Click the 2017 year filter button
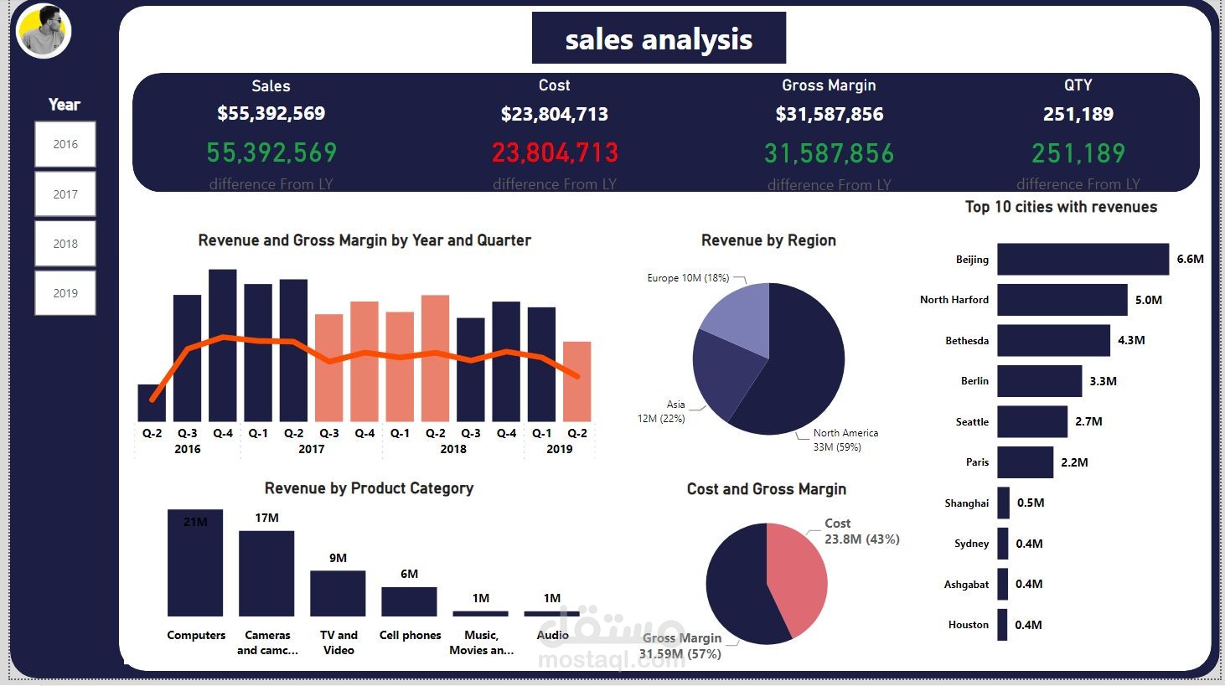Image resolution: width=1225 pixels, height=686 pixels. point(65,194)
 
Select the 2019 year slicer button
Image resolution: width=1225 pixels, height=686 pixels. point(65,293)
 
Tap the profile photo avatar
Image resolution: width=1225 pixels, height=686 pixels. point(44,31)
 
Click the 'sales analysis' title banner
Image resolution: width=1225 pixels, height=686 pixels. point(659,39)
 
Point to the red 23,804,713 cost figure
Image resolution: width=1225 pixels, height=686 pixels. point(555,152)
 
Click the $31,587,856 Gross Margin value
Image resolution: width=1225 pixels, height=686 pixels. point(829,114)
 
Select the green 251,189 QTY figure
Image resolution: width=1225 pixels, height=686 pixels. point(1078,153)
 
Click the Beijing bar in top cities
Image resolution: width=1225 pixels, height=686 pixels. point(1082,260)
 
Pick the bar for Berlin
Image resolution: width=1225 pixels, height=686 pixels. point(1039,381)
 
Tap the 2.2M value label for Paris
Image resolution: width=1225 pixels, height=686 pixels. point(1074,462)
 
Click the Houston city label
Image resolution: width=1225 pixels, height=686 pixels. point(968,625)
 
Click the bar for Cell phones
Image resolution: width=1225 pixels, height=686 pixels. point(409,601)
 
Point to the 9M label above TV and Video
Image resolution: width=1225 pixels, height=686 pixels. point(338,558)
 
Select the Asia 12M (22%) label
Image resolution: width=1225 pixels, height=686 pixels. point(662,411)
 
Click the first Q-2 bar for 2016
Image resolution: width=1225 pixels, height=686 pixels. point(152,404)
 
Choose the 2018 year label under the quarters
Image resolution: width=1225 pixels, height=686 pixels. point(453,449)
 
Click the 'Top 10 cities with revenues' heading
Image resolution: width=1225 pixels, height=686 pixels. point(1061,207)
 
